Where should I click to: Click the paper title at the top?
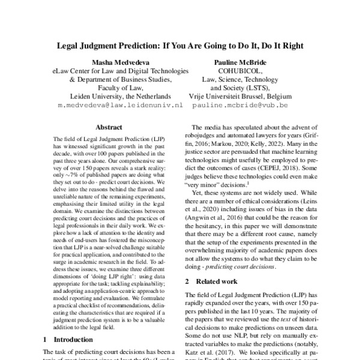(180, 45)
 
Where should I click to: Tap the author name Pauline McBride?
(239, 61)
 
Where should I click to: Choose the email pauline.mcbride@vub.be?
(239, 104)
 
